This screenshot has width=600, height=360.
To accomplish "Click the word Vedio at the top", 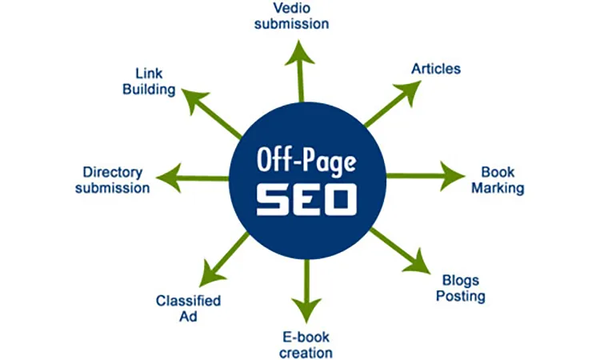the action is [291, 8].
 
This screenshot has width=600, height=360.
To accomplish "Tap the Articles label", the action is [436, 69].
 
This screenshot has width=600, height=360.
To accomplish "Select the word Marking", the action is [498, 188].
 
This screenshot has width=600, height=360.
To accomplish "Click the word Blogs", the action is [461, 281].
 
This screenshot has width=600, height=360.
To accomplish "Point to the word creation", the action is [306, 353].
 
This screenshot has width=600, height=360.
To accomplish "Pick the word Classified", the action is [188, 301].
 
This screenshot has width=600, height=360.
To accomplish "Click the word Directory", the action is [113, 173].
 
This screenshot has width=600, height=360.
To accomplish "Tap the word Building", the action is [149, 89].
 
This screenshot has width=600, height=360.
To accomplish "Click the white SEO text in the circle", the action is [306, 200].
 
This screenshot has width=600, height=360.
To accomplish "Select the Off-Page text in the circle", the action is [306, 161].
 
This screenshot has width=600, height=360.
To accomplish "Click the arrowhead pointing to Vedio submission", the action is [300, 53].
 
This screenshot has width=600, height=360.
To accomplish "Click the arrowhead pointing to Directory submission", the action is [169, 178].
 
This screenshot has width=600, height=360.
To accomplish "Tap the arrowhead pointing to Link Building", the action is [194, 100].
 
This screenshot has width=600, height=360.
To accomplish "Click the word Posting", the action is [461, 297].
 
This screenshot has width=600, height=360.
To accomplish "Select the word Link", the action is [149, 74].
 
